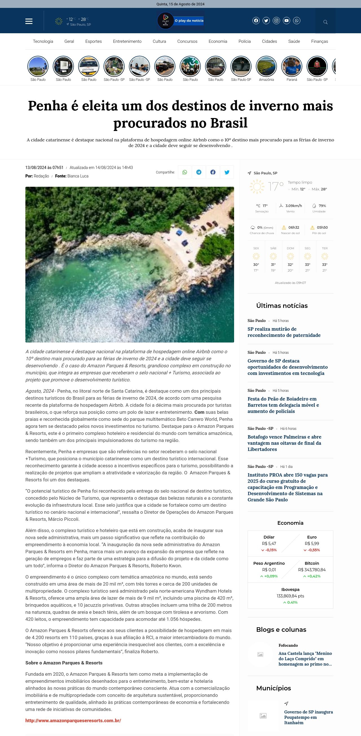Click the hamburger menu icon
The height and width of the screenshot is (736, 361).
(29, 21)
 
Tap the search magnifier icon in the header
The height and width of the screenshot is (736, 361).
(325, 22)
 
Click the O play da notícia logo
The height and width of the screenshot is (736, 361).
(180, 21)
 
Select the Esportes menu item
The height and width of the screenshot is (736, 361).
(93, 41)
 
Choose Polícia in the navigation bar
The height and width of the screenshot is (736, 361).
(244, 41)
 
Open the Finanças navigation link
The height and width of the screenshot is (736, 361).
(319, 41)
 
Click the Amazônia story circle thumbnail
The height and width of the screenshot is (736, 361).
(266, 66)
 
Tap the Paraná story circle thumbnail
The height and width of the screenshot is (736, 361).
(292, 66)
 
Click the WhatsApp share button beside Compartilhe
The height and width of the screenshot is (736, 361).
(185, 172)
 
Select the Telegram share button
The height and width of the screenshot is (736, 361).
(199, 172)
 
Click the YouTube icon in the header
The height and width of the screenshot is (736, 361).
(286, 21)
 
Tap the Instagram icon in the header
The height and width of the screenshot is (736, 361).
(276, 21)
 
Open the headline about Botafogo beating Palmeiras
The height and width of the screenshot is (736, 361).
(284, 443)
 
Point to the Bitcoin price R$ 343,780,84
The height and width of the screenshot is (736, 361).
(312, 570)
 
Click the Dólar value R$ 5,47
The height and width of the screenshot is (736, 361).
(269, 543)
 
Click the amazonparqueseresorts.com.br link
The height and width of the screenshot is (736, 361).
(73, 720)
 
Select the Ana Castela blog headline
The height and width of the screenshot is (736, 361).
(305, 659)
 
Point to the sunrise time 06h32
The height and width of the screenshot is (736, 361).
(294, 227)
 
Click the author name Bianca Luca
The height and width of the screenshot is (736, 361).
(78, 176)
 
